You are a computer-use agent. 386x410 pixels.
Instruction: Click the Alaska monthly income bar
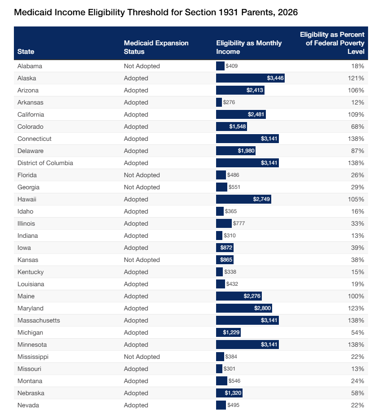[250, 78]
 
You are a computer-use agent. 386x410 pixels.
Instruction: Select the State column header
[26, 52]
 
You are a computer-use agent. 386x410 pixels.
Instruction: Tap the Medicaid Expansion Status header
[156, 47]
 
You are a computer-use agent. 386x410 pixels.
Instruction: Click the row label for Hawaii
[27, 199]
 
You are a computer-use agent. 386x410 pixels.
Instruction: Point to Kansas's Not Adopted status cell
[142, 260]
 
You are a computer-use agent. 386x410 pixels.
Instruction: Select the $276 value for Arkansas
[229, 102]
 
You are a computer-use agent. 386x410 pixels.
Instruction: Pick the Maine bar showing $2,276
[239, 296]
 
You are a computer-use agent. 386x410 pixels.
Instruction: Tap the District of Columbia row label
[45, 163]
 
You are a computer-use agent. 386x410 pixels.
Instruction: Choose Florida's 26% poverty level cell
[357, 175]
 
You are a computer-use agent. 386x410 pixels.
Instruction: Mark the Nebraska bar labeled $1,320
[229, 393]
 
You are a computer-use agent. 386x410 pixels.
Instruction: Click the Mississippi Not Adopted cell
[142, 357]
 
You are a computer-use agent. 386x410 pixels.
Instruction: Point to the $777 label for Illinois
[239, 223]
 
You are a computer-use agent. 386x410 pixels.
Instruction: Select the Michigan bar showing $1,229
[228, 332]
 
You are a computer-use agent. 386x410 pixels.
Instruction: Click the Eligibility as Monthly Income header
[249, 47]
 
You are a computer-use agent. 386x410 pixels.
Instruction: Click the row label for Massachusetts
[39, 320]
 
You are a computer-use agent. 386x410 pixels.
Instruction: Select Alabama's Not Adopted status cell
[142, 66]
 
